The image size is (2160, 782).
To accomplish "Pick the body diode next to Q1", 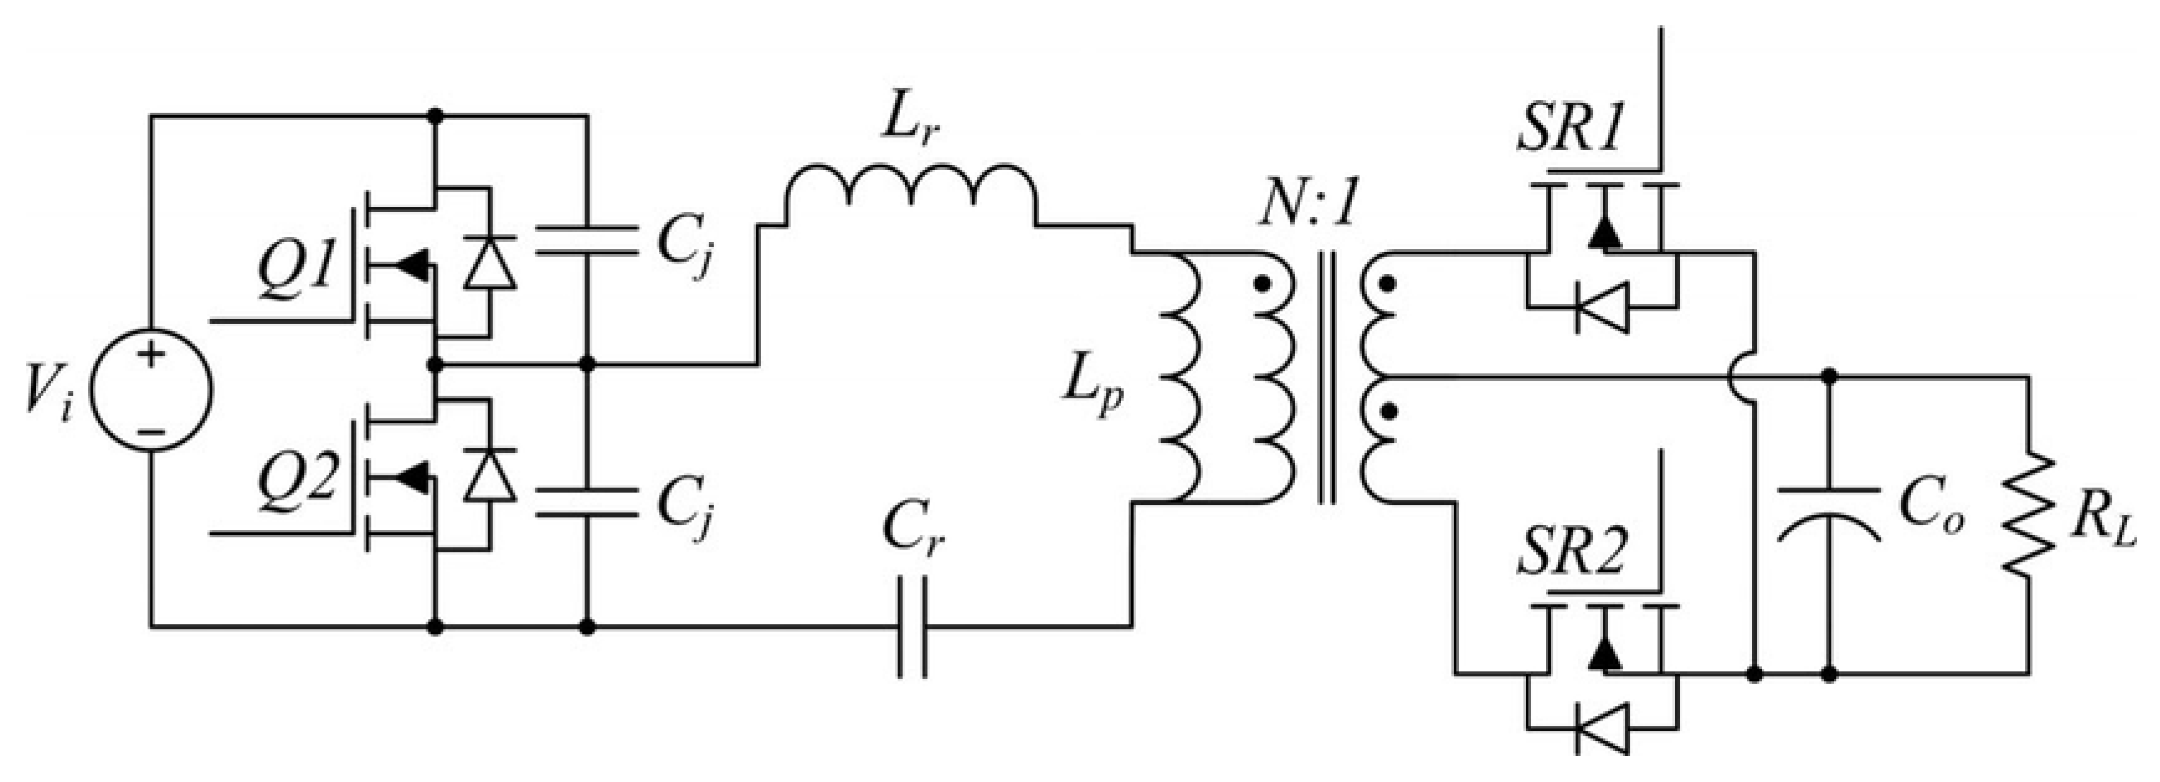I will [491, 262].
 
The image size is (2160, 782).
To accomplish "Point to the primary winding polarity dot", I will [1261, 284].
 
